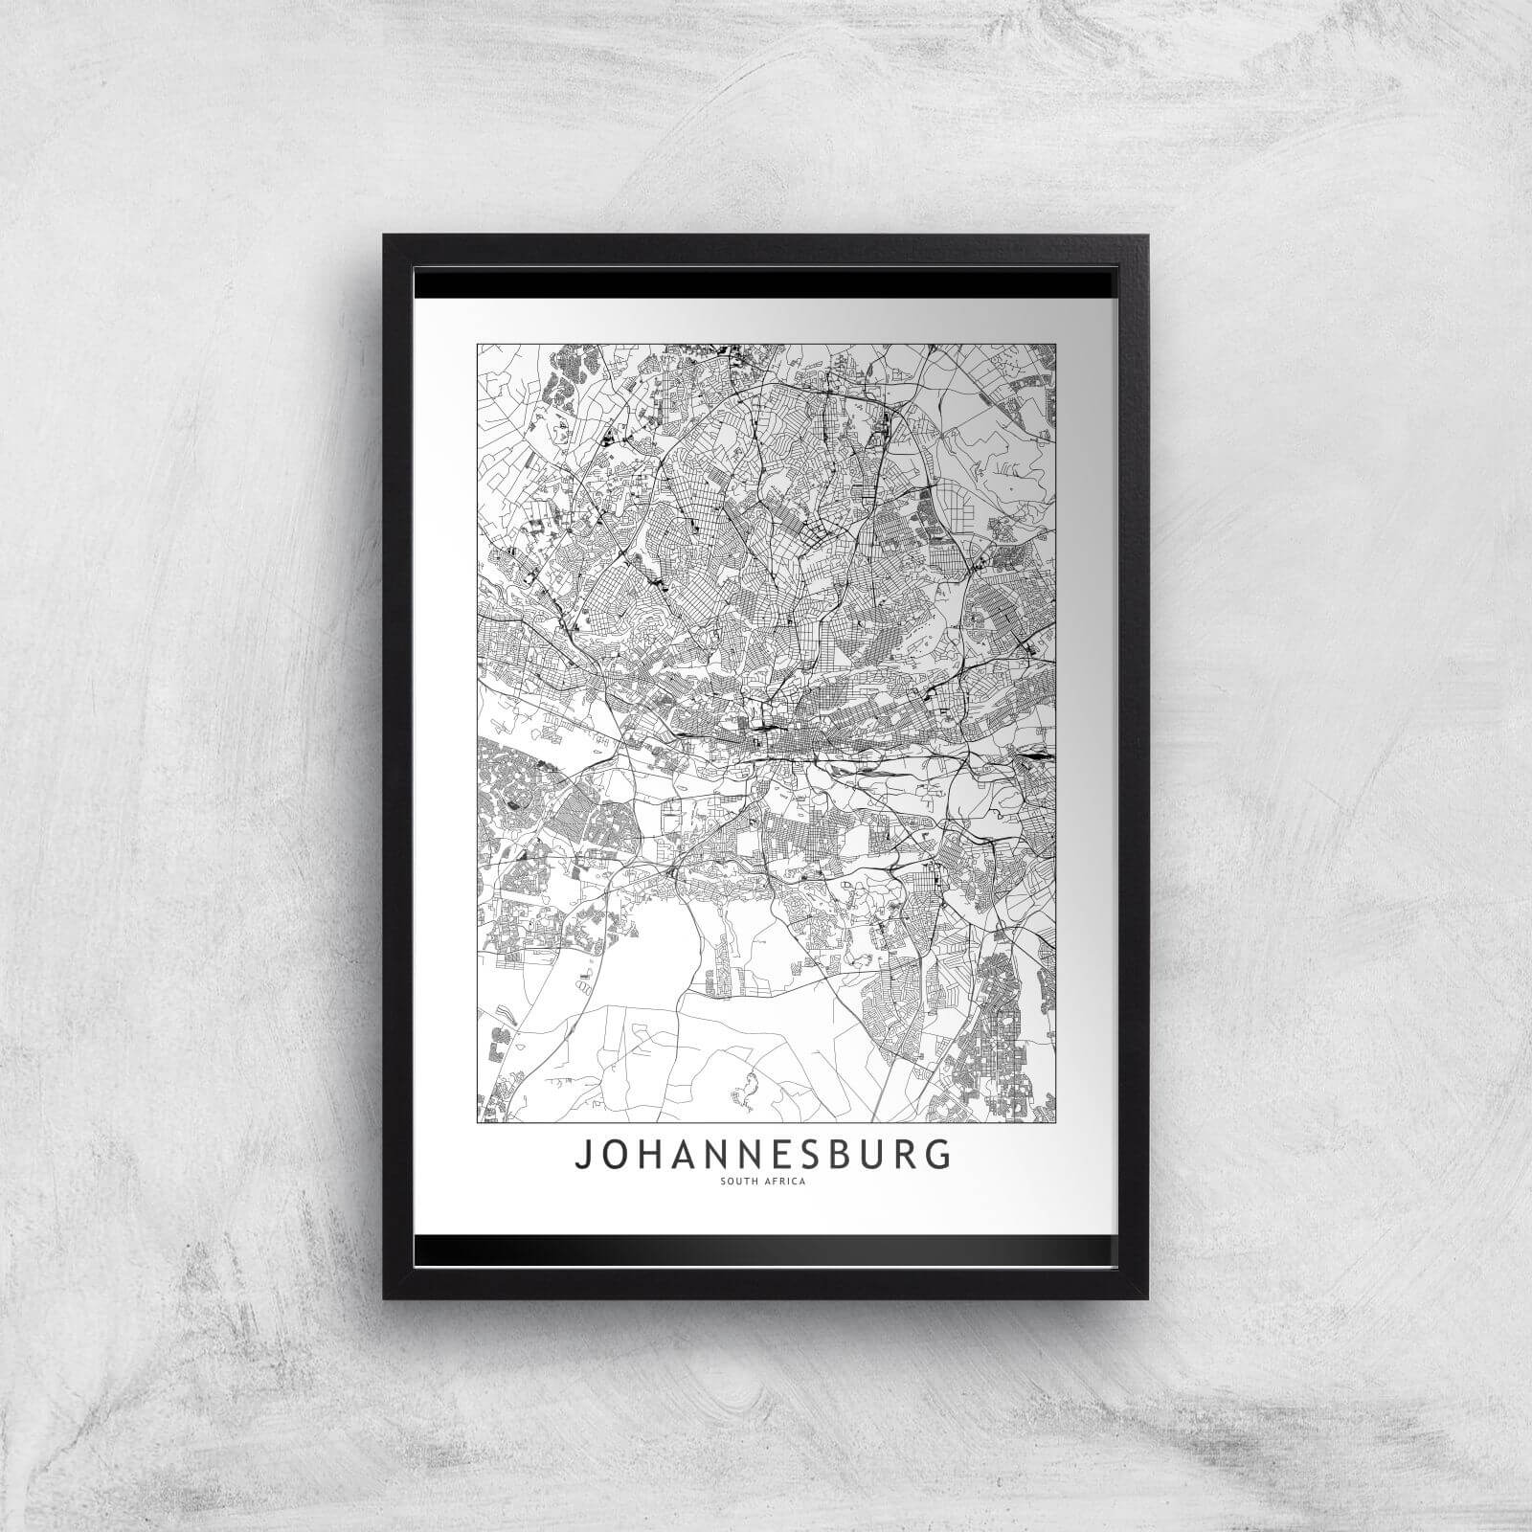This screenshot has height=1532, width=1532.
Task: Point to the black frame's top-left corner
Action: [x=385, y=236]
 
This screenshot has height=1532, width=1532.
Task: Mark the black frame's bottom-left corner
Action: [x=385, y=1298]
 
